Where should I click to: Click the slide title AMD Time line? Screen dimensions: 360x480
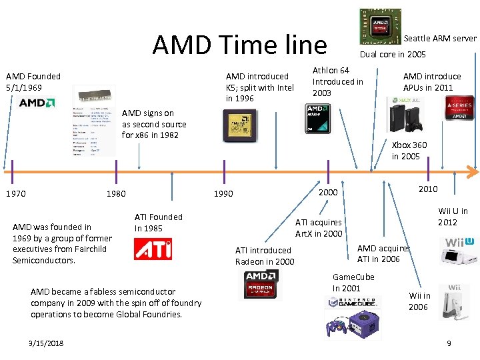[239, 45]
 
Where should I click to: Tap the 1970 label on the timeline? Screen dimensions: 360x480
[15, 194]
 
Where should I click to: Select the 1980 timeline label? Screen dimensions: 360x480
[116, 194]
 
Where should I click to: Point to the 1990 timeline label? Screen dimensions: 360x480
[223, 194]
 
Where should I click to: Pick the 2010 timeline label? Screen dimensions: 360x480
[427, 189]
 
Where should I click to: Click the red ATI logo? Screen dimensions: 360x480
[153, 249]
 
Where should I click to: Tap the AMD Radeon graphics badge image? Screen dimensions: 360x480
[261, 285]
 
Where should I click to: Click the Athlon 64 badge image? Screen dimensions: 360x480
[318, 121]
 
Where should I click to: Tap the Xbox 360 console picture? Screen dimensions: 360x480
[408, 116]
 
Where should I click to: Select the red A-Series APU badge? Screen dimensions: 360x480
[459, 109]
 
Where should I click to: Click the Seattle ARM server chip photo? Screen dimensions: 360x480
[381, 27]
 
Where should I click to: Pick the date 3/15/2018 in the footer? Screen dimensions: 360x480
[47, 343]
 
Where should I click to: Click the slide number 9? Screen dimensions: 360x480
[449, 343]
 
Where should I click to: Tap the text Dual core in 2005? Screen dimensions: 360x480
[393, 55]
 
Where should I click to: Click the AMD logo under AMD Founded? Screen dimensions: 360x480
[33, 103]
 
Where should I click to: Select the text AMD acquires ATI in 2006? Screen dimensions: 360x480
[383, 253]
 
